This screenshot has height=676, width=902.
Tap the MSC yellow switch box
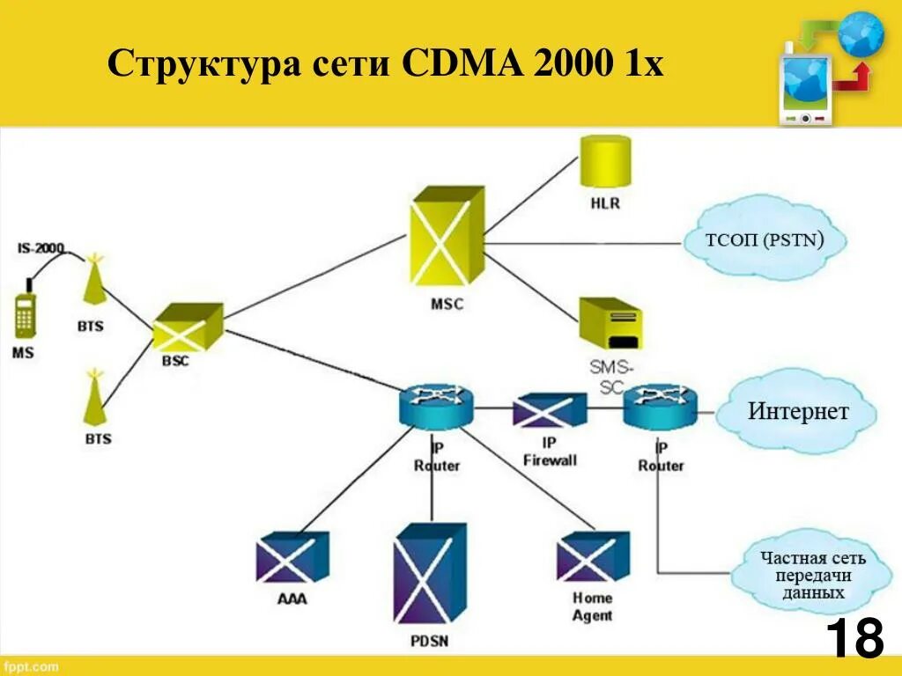pos(447,235)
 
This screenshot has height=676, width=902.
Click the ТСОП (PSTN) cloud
pos(764,239)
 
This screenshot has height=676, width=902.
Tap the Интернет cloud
pos(797,411)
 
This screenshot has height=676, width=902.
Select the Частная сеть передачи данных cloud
pos(812,575)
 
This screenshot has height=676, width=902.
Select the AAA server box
pos(292,557)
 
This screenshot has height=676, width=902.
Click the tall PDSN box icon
pos(430,573)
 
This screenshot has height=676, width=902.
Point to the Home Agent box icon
pos(593,556)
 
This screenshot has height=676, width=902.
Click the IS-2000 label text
pos(41,249)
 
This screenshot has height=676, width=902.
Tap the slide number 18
pos(854,638)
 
